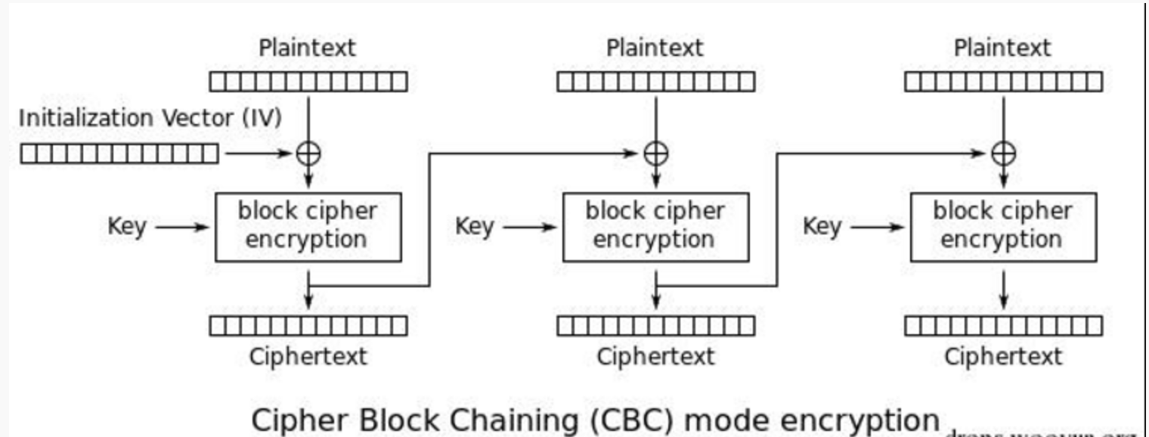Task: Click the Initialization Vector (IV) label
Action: point(150,119)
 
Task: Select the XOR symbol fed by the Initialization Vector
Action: point(308,153)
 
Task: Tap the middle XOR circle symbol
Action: point(655,153)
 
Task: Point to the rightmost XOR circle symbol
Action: point(1003,153)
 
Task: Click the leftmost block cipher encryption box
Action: point(308,227)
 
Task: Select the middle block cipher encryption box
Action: point(655,227)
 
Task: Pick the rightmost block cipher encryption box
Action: point(1003,227)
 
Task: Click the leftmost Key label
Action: point(127,226)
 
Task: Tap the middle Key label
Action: point(475,226)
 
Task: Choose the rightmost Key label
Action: point(822,226)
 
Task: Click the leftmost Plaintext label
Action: point(307,48)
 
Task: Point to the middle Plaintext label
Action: point(655,48)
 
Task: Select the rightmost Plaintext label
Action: point(1002,48)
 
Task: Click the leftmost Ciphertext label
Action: point(308,356)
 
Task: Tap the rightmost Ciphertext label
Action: point(1003,356)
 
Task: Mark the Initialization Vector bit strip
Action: point(119,154)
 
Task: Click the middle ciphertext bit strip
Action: point(655,326)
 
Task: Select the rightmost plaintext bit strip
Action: point(1003,81)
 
